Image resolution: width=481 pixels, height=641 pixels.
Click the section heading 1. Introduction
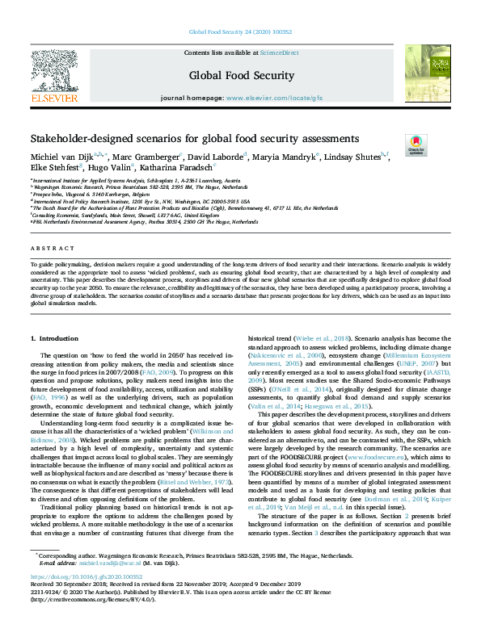(54, 314)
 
